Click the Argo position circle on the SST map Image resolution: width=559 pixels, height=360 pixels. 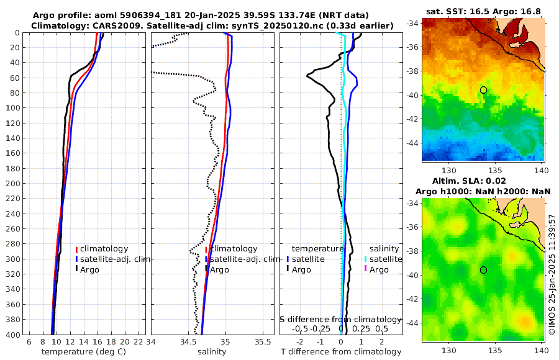click(483, 90)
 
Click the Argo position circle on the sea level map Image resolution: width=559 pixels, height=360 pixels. click(483, 270)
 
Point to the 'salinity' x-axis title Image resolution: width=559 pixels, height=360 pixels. click(212, 352)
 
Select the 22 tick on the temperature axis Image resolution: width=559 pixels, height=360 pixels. click(139, 341)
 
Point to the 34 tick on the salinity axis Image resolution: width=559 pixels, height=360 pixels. click(152, 341)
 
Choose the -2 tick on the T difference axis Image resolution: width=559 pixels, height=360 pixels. click(300, 341)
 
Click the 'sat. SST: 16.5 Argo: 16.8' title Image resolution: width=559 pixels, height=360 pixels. click(484, 11)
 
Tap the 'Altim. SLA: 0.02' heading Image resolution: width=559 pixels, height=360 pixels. click(484, 181)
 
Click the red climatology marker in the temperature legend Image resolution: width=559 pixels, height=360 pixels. click(76, 249)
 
